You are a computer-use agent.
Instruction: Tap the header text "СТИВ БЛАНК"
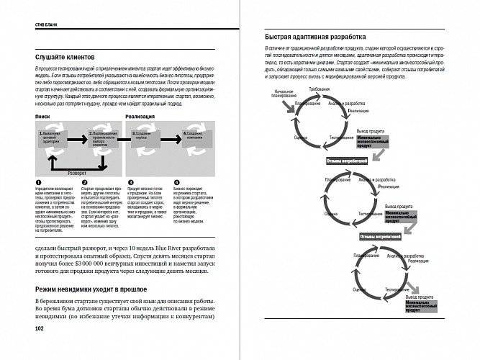click(46, 24)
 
